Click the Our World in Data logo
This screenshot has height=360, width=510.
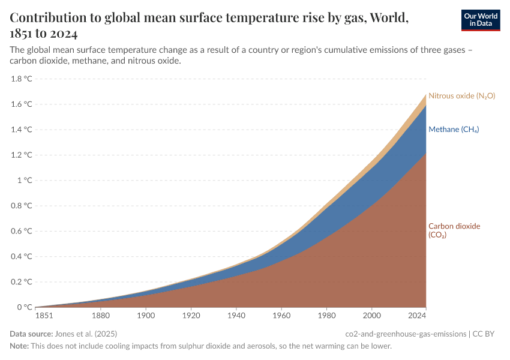[480, 20]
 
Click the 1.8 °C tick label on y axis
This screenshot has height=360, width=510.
[21, 79]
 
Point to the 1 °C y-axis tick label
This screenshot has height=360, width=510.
[25, 180]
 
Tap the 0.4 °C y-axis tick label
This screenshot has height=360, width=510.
[21, 256]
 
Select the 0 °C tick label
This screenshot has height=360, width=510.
[25, 307]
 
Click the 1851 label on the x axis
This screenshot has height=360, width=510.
[44, 315]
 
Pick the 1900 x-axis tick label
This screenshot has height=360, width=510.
[146, 315]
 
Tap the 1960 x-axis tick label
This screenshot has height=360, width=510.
[281, 315]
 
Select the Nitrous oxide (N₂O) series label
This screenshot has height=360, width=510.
[461, 96]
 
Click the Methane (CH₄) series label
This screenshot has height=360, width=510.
[453, 130]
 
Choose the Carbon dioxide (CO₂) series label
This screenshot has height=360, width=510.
[454, 230]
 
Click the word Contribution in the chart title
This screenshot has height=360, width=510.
[49, 17]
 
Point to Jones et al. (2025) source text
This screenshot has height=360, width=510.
[86, 334]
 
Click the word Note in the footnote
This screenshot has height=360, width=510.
[19, 346]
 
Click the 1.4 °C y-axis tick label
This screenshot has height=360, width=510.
[21, 130]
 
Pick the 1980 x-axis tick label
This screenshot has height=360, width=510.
[326, 315]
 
